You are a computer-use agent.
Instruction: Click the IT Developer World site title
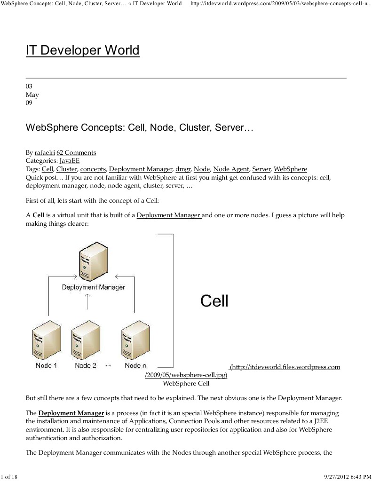tap(82, 50)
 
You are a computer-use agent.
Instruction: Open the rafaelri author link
tap(45, 152)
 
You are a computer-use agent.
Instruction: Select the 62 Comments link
tap(76, 152)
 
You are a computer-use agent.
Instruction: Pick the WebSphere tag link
tap(290, 169)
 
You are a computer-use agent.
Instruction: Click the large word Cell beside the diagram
tap(214, 301)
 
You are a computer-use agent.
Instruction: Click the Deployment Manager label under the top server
tap(94, 287)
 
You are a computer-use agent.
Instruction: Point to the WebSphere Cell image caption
tap(186, 383)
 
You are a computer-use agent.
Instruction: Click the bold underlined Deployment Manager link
tap(71, 413)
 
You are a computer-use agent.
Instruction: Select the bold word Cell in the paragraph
tap(38, 215)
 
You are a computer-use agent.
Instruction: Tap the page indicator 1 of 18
tap(9, 477)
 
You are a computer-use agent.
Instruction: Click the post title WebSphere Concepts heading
tap(139, 127)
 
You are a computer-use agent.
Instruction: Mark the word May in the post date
tap(32, 95)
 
